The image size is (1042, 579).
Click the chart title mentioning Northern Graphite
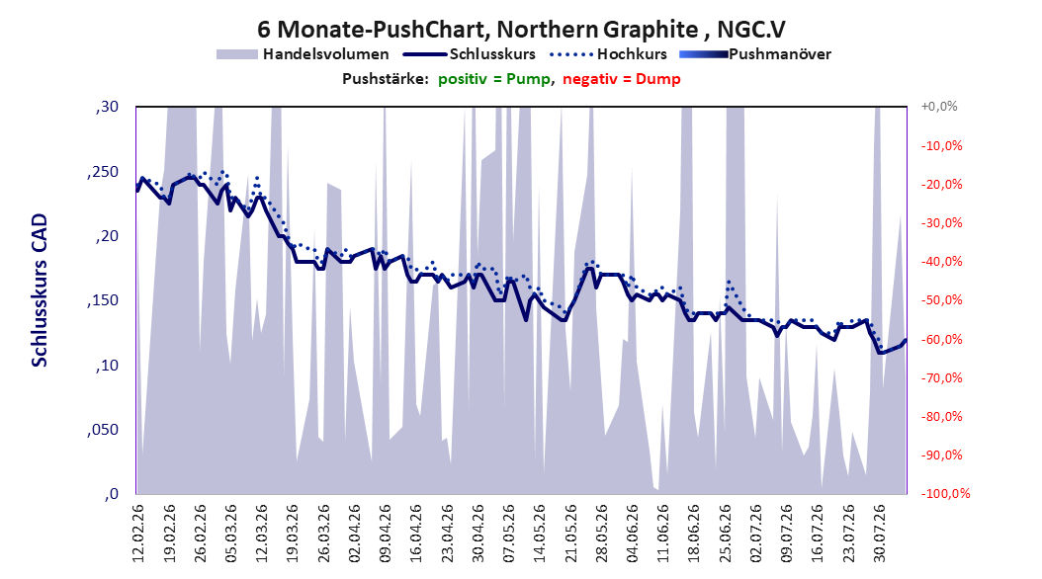point(521,30)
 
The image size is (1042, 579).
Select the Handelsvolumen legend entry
point(304,54)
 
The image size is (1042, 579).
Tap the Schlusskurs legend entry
point(470,54)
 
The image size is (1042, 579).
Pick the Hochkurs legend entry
point(608,54)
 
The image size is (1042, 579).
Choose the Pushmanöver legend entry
point(755,54)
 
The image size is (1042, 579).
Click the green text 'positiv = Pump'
point(494,79)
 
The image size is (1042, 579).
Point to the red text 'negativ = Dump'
point(622,79)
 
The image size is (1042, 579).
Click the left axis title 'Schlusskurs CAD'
point(40,290)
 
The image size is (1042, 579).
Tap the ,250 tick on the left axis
point(103,172)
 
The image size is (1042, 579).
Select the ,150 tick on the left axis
point(103,300)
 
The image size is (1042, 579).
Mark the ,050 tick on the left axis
point(103,430)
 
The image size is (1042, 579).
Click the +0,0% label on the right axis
point(939,107)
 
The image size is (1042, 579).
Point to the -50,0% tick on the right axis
point(941,300)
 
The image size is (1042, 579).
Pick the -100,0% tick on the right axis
point(945,493)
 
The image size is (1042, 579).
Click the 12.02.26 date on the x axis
point(138,534)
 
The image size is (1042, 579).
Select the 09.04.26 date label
point(386,534)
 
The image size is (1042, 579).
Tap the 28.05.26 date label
point(601,534)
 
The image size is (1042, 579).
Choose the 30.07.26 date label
point(879,534)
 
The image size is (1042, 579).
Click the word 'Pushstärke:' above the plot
point(386,79)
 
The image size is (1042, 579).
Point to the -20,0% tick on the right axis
point(941,184)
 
